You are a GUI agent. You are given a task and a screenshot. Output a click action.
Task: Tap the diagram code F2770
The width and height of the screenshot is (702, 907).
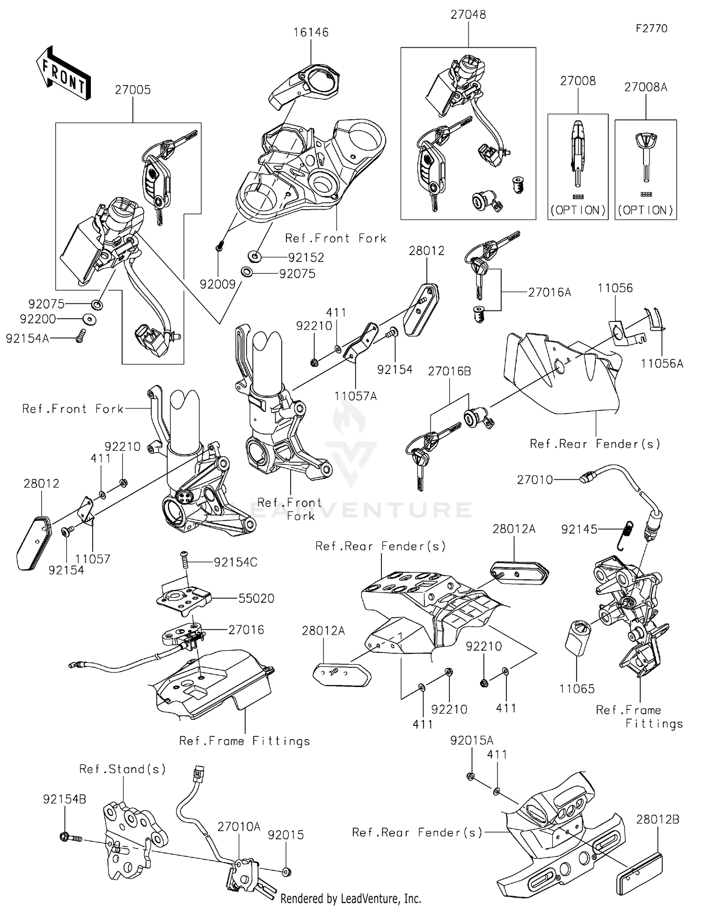point(651,29)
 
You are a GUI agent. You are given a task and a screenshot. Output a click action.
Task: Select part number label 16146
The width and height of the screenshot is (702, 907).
point(311,33)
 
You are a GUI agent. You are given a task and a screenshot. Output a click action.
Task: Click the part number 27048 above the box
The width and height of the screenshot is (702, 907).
point(468,15)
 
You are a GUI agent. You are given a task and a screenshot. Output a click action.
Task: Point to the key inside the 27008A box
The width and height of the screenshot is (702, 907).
point(645,157)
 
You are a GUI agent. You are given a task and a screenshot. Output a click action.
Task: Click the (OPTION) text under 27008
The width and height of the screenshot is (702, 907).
point(578,210)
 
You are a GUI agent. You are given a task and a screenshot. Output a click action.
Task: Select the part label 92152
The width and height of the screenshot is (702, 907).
point(306,257)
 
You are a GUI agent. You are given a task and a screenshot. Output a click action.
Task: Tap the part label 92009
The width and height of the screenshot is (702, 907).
point(218,285)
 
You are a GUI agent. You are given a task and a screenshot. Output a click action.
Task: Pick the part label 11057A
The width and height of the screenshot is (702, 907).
point(355,396)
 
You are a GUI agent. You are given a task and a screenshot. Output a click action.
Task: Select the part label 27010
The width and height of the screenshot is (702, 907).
point(535,480)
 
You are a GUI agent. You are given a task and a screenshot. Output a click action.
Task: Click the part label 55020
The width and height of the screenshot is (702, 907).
point(256,599)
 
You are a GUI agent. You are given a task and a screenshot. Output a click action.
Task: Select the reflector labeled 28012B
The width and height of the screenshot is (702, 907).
point(638,870)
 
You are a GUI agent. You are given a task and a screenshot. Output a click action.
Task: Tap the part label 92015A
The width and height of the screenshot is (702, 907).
point(472,741)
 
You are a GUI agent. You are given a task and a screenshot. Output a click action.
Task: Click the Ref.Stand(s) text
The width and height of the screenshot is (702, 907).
point(123,769)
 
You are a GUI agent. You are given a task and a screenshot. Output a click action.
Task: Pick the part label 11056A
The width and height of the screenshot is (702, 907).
point(662,364)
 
